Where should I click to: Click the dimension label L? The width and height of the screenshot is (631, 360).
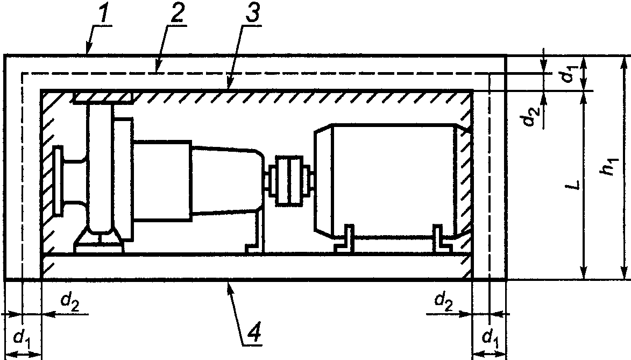[576, 185]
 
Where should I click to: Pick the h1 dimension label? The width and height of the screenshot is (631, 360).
[608, 166]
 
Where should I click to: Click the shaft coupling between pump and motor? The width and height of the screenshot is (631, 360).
[289, 180]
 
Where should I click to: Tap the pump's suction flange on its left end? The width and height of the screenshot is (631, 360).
[58, 180]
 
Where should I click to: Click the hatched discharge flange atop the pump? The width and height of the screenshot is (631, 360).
[103, 97]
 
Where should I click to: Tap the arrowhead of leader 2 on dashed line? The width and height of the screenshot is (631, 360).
[157, 71]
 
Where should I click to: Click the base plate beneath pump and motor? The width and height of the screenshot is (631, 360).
[256, 266]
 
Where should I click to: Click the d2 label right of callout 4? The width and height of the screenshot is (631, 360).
[442, 301]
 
